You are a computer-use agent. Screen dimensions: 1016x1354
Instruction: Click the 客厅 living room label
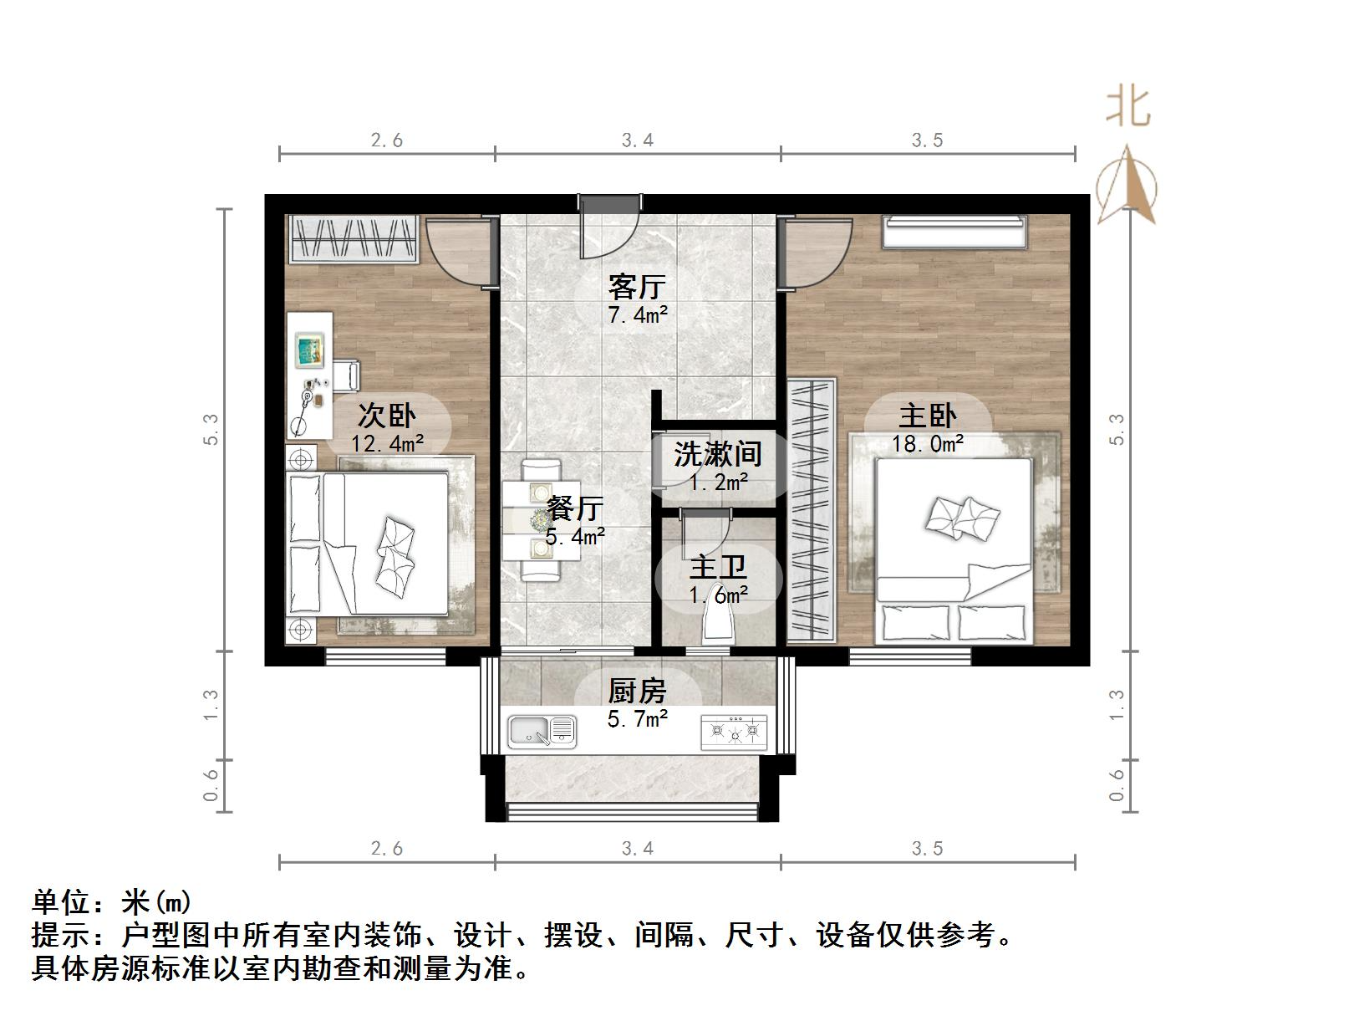(x=637, y=287)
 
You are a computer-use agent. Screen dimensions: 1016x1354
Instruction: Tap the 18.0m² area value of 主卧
(x=927, y=443)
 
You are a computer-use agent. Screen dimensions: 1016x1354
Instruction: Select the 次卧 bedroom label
(x=387, y=415)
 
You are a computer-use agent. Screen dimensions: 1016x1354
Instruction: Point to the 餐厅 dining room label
(x=575, y=508)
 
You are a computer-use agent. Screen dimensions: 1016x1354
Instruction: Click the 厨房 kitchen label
(x=637, y=691)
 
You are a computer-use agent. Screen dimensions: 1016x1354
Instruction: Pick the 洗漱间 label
(x=718, y=454)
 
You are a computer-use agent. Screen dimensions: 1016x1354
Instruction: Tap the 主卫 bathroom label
(x=718, y=567)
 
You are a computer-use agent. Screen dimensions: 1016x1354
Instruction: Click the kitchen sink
(x=542, y=732)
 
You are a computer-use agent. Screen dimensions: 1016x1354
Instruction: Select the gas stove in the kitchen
(x=734, y=732)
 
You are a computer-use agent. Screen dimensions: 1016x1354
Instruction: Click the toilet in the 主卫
(x=718, y=623)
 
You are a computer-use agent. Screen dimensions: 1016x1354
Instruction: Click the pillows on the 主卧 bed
(x=962, y=518)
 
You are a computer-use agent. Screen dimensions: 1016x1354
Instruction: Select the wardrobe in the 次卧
(x=354, y=238)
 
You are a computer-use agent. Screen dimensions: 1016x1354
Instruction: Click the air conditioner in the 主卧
(x=954, y=232)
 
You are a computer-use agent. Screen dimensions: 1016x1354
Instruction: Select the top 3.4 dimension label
(x=637, y=140)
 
